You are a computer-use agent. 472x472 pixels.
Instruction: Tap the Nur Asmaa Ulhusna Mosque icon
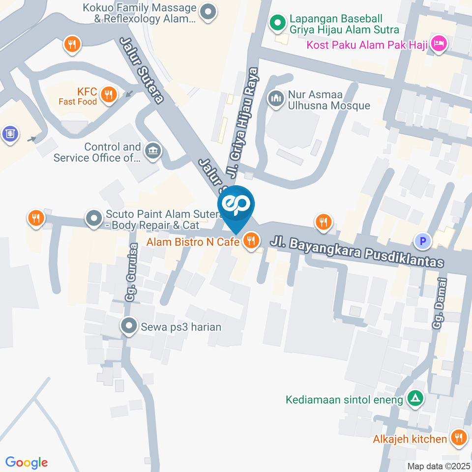pos(276,99)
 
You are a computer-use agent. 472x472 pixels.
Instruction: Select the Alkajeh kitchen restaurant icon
pos(458,438)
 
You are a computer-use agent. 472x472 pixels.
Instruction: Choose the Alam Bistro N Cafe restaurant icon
pos(251,240)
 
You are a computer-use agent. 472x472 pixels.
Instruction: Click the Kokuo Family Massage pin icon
pos(208,13)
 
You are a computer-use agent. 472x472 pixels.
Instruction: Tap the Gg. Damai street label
pos(441,304)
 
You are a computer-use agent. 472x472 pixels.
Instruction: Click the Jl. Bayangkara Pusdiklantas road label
pos(357,251)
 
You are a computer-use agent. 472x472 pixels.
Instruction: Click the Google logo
pos(27,462)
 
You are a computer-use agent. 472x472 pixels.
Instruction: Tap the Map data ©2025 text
pos(438,466)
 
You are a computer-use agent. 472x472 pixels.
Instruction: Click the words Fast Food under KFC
pos(78,101)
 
